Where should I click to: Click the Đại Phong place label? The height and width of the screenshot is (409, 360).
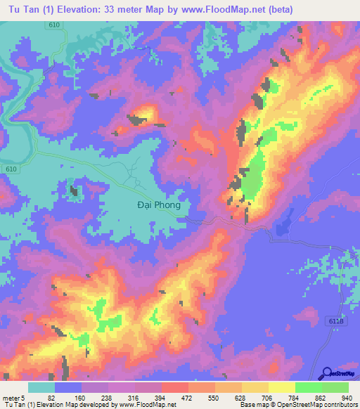point(157,205)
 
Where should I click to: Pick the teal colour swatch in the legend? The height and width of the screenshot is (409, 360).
point(41,387)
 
